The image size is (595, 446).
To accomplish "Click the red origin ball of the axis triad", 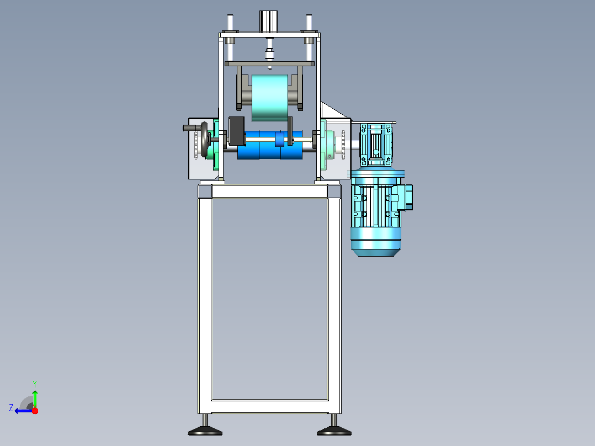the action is coord(35,411).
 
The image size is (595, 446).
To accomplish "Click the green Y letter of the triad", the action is coord(35,384).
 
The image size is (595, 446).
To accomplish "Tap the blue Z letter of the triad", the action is coord(11,408).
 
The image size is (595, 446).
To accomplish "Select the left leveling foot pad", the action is coord(205,431).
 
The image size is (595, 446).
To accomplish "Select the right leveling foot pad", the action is coord(334,431).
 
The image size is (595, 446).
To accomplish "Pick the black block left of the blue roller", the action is coord(236,130).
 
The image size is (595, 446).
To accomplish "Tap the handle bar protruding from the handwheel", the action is coord(191,128).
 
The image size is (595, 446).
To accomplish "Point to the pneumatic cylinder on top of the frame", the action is coord(269,22).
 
